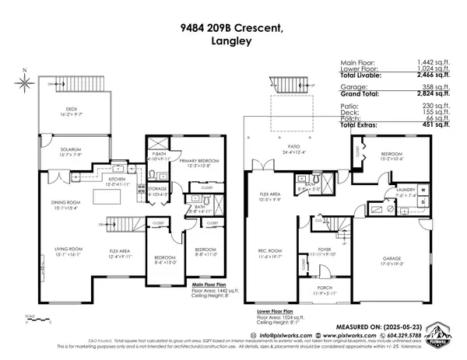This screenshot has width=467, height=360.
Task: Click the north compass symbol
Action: click(26, 79)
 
